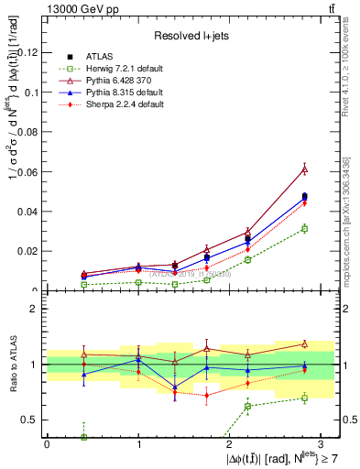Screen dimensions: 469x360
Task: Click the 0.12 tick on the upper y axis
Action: pos(29,52)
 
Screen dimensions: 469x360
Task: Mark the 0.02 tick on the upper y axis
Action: pos(29,251)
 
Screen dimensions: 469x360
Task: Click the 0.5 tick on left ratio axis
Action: pos(32,420)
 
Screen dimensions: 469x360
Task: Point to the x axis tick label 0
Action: pos(47,444)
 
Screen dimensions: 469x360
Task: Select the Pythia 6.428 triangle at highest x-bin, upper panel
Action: pos(304,169)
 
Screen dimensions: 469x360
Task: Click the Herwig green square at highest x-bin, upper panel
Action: pos(304,228)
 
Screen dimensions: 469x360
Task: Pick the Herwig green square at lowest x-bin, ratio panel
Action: pos(84,437)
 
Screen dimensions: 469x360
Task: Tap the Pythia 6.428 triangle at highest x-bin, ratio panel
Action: pos(304,344)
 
